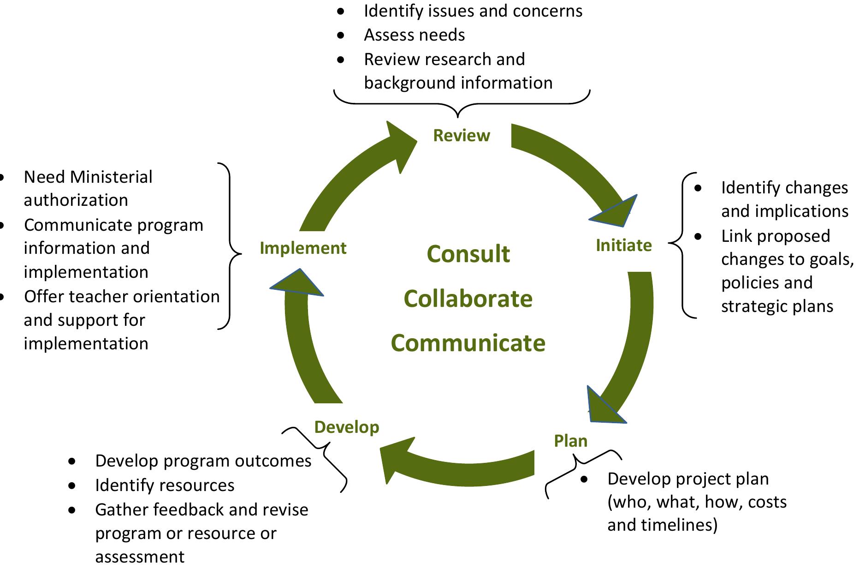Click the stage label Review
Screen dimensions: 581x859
point(462,136)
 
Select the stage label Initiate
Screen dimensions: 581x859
point(623,245)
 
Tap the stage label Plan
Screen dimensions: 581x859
point(570,441)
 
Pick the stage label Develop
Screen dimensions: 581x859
point(346,427)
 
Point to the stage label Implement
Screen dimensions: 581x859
point(302,248)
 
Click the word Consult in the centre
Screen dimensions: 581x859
point(468,254)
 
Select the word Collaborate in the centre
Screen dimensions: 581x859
point(468,299)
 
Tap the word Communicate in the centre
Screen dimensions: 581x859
point(468,343)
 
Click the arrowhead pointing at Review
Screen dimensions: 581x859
point(399,145)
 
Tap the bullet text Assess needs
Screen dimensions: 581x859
point(414,35)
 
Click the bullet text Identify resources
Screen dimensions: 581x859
point(165,485)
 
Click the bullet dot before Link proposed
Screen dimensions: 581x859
point(699,236)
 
